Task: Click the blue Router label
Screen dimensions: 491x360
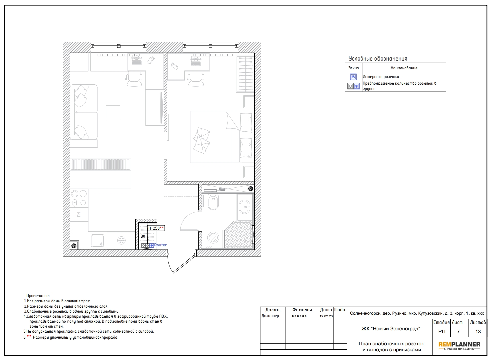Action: [x=160, y=245]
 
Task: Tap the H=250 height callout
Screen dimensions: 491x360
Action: [x=156, y=228]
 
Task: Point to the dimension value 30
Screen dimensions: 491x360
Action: [x=143, y=236]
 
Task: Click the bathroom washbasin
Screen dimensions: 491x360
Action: [x=244, y=207]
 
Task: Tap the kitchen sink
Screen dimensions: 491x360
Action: [x=98, y=241]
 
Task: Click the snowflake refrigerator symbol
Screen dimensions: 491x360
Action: [x=121, y=240]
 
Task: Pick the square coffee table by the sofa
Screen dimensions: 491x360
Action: [x=113, y=112]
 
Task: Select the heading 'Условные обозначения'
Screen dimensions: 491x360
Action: [x=378, y=58]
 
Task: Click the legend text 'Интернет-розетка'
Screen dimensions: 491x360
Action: [x=381, y=77]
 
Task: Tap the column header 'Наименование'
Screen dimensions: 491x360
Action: [x=404, y=68]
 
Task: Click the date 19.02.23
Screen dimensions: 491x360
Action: [x=326, y=316]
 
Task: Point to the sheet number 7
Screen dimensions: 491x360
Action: [x=458, y=331]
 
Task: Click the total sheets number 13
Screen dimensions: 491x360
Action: [x=478, y=331]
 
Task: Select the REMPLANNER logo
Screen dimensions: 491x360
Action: [x=459, y=346]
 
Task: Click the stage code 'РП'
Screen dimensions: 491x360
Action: [x=442, y=331]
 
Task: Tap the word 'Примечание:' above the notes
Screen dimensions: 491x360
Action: [x=38, y=296]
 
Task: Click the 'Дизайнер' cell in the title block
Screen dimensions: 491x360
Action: [x=270, y=316]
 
